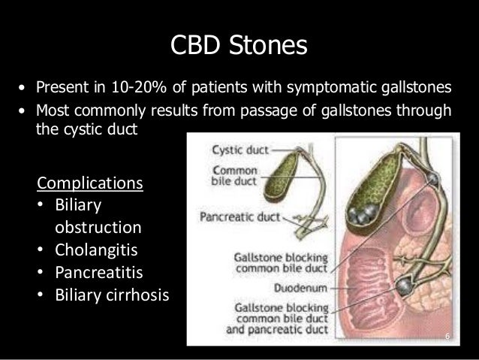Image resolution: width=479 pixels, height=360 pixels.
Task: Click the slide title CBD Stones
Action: tap(239, 45)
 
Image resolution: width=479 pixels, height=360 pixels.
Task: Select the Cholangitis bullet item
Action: tap(91, 249)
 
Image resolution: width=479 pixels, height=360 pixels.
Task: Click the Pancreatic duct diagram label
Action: tap(233, 218)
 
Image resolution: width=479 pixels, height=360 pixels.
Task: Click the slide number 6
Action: tap(447, 335)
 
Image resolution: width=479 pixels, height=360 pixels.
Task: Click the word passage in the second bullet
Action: tap(268, 110)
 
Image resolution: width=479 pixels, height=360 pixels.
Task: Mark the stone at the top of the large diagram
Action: tap(435, 180)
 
